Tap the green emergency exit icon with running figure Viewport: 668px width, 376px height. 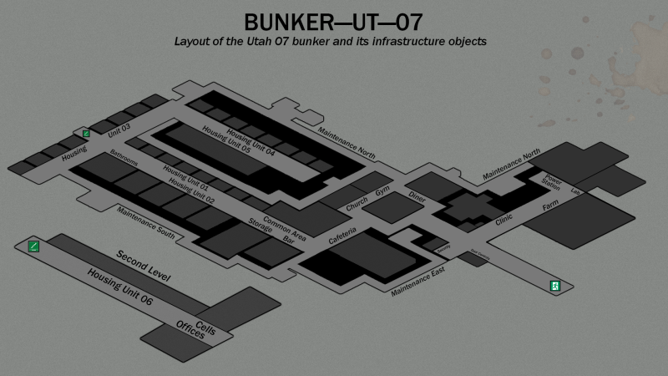[x=554, y=286]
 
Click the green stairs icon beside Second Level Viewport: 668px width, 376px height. [x=33, y=246]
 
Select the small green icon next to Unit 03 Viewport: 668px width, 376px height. [x=86, y=133]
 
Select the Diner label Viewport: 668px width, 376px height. [x=417, y=196]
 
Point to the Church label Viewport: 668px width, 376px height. [x=357, y=201]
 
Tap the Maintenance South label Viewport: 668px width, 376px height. [x=146, y=222]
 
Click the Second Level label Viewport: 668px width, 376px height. [x=144, y=265]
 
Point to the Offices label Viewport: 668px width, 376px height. [x=190, y=329]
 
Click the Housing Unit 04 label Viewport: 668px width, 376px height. [x=251, y=143]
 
